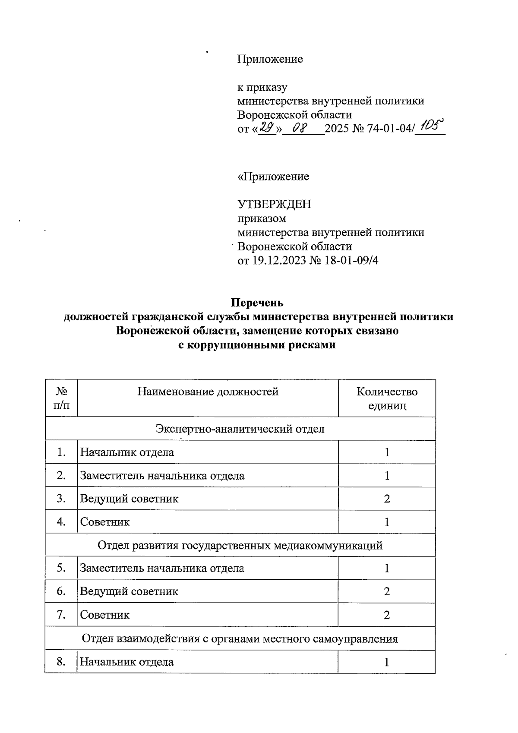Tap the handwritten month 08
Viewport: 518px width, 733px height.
point(299,128)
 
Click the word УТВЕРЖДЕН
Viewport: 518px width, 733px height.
point(274,204)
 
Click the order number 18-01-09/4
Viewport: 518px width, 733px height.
point(350,260)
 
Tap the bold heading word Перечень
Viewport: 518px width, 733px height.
point(257,302)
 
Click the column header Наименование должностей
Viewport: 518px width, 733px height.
point(208,392)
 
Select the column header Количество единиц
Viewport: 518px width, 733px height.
point(387,398)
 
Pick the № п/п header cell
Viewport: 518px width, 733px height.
point(61,398)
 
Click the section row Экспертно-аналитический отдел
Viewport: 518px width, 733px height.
point(240,429)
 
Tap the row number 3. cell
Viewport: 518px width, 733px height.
point(61,499)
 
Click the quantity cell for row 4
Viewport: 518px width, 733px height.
point(387,522)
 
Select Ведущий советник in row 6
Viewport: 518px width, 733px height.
point(129,591)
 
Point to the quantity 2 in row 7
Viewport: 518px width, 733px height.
point(387,614)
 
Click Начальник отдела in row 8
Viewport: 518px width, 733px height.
point(127,661)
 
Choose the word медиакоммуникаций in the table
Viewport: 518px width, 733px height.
point(328,545)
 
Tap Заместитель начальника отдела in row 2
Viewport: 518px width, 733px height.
point(162,476)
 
